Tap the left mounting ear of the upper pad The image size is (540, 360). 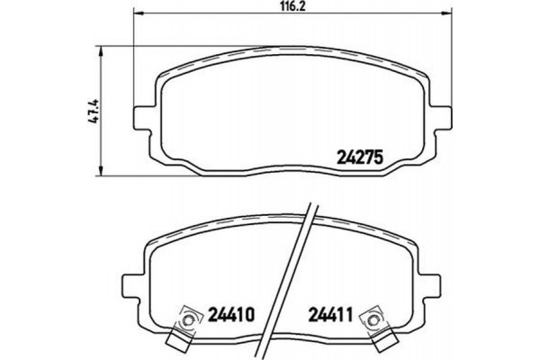(142, 116)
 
